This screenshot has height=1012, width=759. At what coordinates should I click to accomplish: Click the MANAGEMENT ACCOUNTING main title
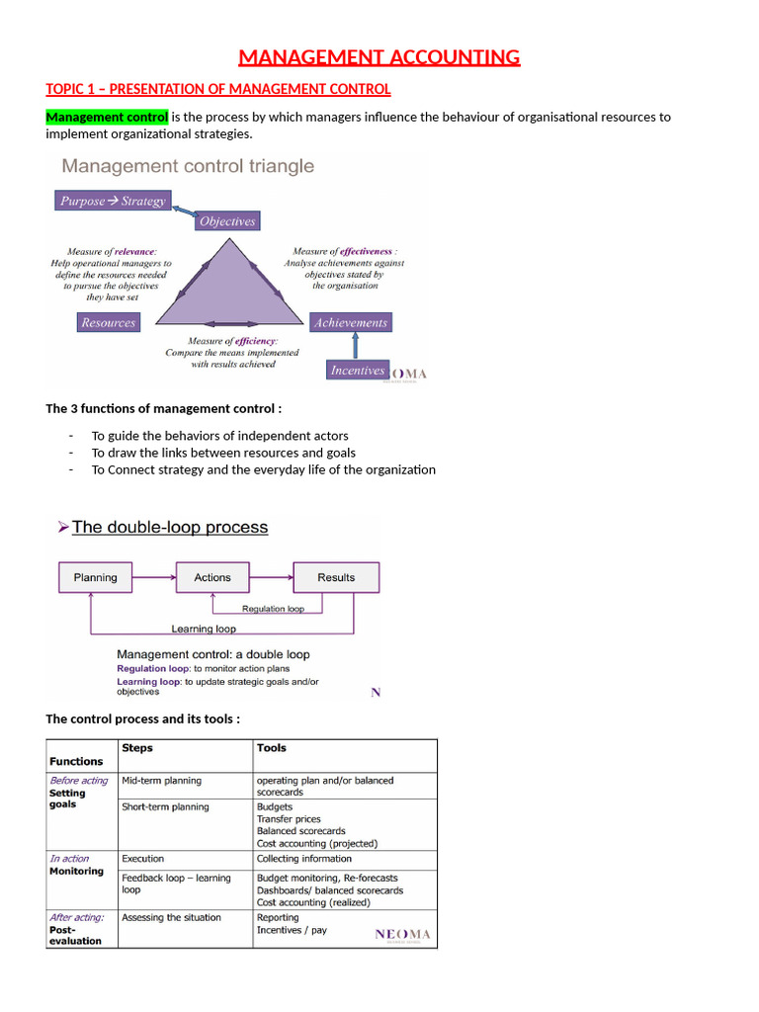(379, 57)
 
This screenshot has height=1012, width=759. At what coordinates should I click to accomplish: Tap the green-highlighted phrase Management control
(107, 117)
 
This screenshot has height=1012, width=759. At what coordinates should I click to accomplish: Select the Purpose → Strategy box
(112, 201)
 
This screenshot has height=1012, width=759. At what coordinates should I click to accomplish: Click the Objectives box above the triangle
(227, 221)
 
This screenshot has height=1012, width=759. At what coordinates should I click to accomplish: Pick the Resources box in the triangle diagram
(108, 322)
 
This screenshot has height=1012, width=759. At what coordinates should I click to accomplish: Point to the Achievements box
(351, 322)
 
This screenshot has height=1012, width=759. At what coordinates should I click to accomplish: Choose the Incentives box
(357, 370)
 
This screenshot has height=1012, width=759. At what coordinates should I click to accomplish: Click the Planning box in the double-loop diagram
(96, 577)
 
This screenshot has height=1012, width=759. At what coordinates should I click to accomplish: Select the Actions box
(212, 577)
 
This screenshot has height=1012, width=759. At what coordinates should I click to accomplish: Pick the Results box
(336, 577)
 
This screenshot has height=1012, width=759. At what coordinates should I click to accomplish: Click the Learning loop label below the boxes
(204, 628)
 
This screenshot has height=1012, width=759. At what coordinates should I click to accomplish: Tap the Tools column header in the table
(272, 748)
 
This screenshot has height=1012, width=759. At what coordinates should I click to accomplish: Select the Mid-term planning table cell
(161, 781)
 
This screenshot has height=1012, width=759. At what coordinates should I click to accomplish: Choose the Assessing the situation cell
(171, 917)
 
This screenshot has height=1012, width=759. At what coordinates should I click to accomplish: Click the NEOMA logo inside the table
(402, 934)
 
